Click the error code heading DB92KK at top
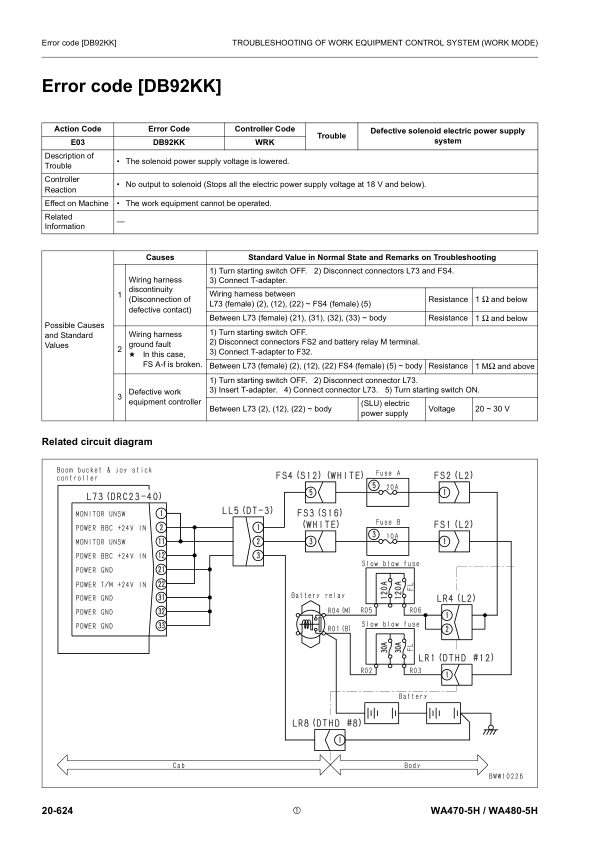[131, 87]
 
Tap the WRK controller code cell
[264, 142]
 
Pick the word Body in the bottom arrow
[412, 763]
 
